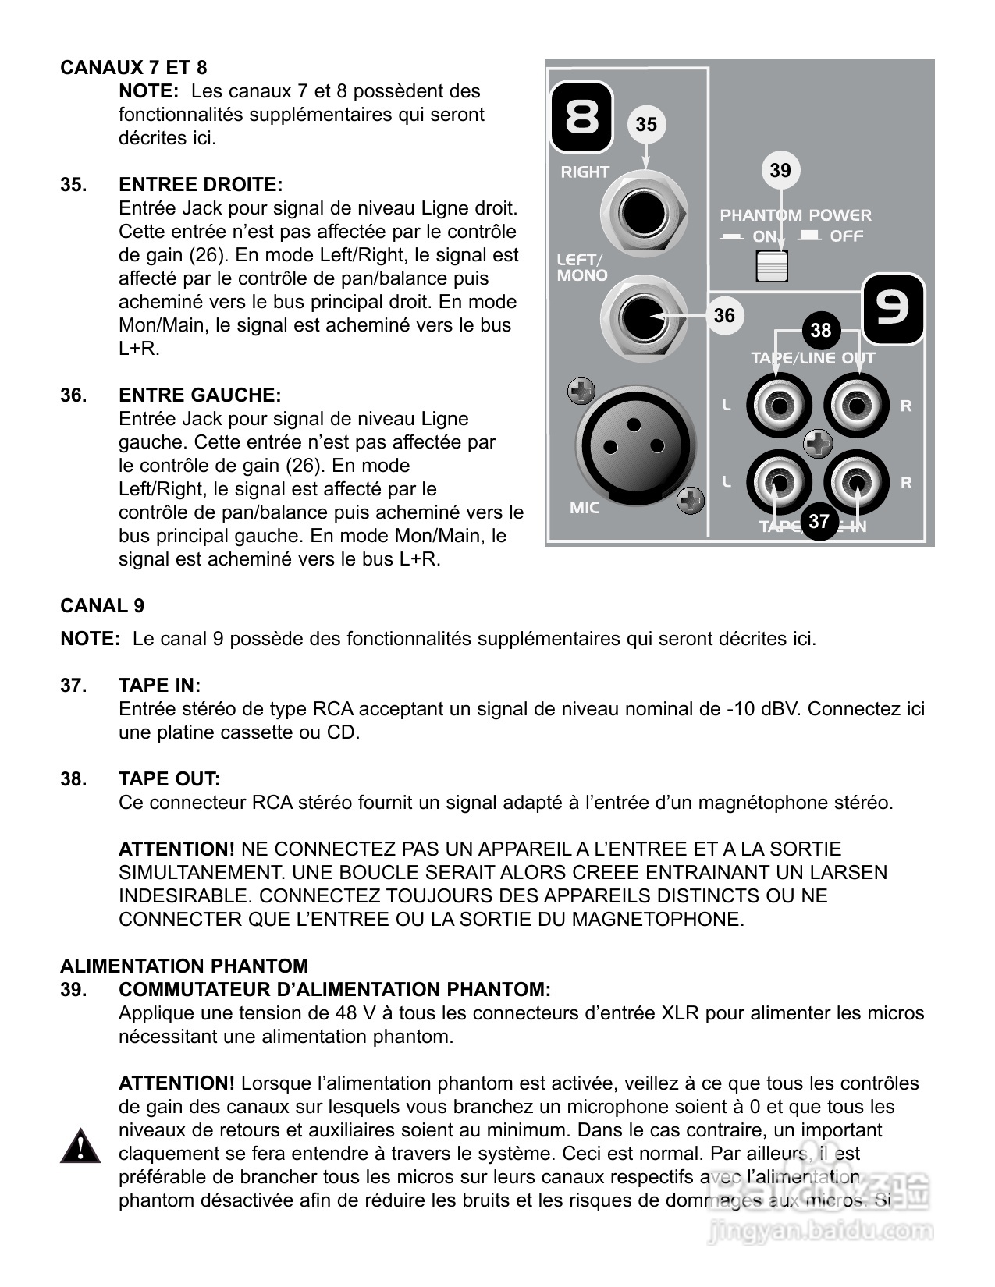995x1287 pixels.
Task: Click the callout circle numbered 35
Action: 646,125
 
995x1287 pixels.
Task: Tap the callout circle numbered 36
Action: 724,315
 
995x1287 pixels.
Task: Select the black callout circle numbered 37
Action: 818,520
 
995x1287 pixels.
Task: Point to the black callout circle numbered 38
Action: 820,330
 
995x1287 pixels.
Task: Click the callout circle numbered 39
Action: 780,171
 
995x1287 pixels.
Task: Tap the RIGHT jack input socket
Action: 645,213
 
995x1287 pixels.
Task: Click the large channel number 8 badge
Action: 582,118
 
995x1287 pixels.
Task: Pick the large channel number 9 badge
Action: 893,309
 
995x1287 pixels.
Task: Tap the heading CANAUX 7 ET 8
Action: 133,68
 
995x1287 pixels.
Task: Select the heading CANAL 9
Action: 102,606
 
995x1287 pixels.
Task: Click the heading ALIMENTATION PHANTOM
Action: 184,966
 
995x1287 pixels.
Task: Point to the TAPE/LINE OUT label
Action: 812,358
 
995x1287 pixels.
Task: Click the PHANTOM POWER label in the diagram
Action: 795,215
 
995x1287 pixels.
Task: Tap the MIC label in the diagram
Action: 585,508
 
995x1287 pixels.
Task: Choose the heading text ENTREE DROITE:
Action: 201,185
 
